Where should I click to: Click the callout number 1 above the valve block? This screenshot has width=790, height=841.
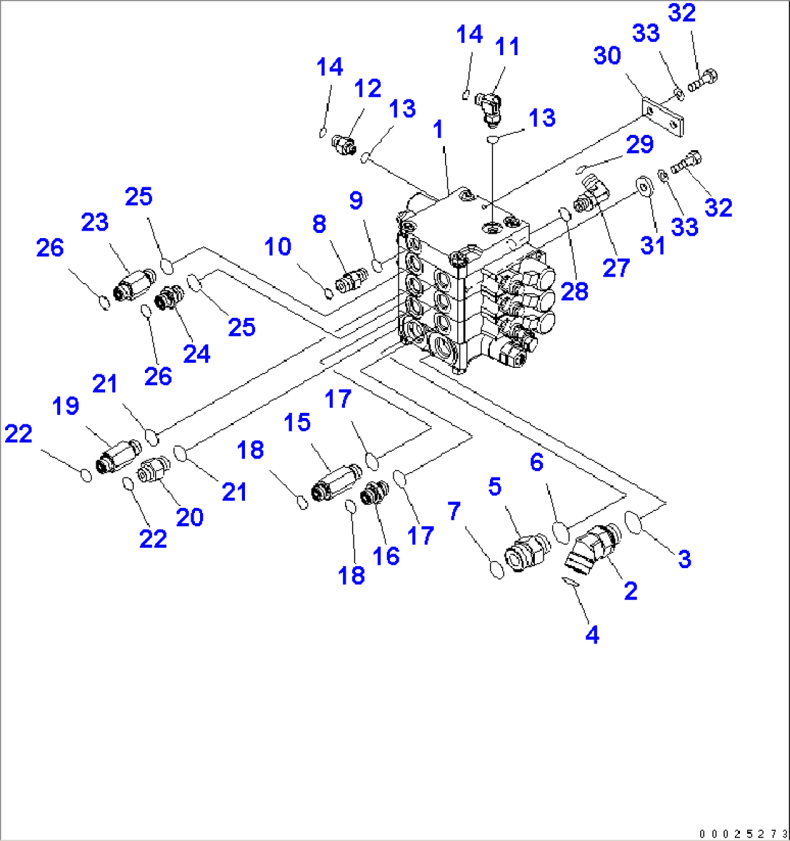438,130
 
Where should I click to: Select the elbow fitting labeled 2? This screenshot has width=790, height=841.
591,549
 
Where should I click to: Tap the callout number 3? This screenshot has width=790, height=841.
684,559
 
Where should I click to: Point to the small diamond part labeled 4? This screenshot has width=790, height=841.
570,579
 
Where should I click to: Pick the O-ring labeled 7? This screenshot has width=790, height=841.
496,570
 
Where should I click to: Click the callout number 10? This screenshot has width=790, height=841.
278,247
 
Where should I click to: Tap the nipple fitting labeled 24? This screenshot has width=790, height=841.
171,298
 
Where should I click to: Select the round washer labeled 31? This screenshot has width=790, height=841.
641,186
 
